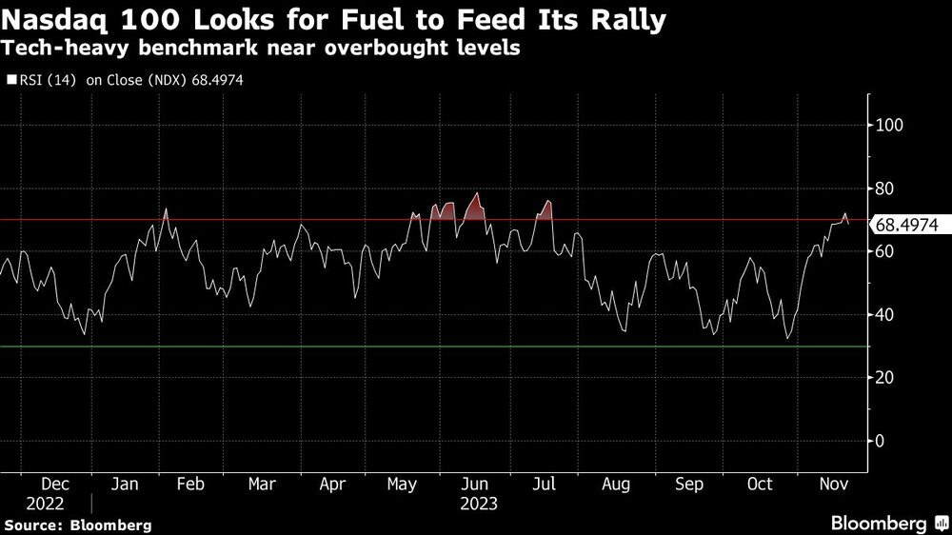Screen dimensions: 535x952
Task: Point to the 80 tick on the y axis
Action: (886, 188)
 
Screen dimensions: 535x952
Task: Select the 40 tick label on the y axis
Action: (886, 315)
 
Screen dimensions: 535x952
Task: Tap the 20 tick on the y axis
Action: (886, 378)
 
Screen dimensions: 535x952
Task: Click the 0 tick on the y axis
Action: (882, 441)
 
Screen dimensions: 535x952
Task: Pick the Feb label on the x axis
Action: (191, 485)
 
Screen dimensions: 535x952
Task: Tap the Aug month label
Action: (616, 485)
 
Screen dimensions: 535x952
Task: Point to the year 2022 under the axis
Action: (46, 503)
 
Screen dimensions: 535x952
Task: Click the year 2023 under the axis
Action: (478, 503)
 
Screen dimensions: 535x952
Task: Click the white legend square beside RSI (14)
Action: (11, 81)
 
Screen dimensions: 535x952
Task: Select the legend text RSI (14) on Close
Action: (86, 81)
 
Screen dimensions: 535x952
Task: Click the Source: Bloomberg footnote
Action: (77, 525)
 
